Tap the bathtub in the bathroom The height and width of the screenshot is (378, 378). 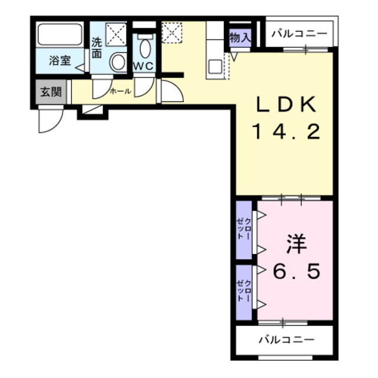[59, 35]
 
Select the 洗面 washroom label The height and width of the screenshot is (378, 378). [97, 48]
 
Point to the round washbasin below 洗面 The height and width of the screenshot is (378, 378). [118, 61]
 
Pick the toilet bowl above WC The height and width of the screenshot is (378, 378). [145, 48]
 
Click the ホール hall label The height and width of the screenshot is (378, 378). [120, 92]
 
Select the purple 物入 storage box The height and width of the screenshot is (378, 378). [240, 37]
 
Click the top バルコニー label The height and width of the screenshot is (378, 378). [299, 34]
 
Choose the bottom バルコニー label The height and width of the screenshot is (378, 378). [286, 340]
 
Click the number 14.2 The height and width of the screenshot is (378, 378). [287, 131]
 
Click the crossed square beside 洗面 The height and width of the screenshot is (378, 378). [116, 33]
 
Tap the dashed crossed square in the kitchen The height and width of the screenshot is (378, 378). [172, 32]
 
